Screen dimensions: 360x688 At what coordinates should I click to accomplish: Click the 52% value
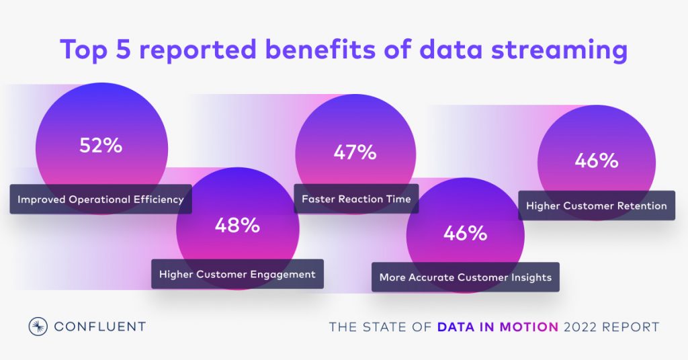coord(101,145)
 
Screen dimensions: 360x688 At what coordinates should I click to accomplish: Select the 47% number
coord(355,152)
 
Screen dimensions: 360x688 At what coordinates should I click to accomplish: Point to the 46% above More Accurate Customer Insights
coord(465,233)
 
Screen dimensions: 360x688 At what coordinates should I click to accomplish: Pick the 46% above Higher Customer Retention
coord(596,161)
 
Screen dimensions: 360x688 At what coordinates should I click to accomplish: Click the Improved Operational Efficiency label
coord(100,199)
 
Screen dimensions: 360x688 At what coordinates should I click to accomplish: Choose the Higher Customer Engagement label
coord(237,274)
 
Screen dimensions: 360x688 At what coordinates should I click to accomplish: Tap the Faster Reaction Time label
coord(356,199)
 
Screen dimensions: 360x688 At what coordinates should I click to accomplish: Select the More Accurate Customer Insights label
coord(465,277)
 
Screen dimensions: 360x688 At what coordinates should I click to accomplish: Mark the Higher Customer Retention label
coord(596,206)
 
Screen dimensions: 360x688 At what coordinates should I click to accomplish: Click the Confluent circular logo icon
coord(38,326)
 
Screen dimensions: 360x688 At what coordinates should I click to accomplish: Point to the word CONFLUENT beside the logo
coord(99,327)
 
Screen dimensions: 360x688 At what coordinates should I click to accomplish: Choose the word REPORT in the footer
coord(634,327)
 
